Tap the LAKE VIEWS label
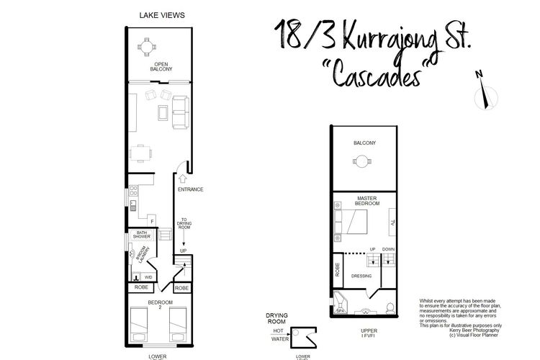click(x=158, y=14)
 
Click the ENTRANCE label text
click(x=190, y=189)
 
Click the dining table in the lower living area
click(x=140, y=153)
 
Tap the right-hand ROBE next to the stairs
click(x=183, y=288)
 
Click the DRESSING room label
click(x=360, y=276)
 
